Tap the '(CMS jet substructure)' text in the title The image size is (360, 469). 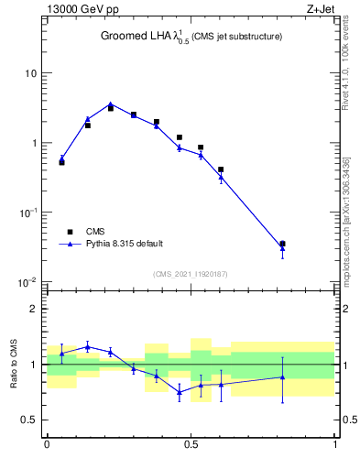tap(237, 37)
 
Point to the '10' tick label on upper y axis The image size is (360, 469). tap(31, 73)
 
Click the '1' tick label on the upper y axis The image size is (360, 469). tap(34, 143)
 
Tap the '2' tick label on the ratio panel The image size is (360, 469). tap(34, 309)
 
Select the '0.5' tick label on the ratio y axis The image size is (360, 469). tap(28, 420)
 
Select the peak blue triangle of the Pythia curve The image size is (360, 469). tap(111, 104)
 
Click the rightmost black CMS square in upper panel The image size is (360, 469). tap(282, 244)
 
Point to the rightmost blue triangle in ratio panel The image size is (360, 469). tap(282, 377)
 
